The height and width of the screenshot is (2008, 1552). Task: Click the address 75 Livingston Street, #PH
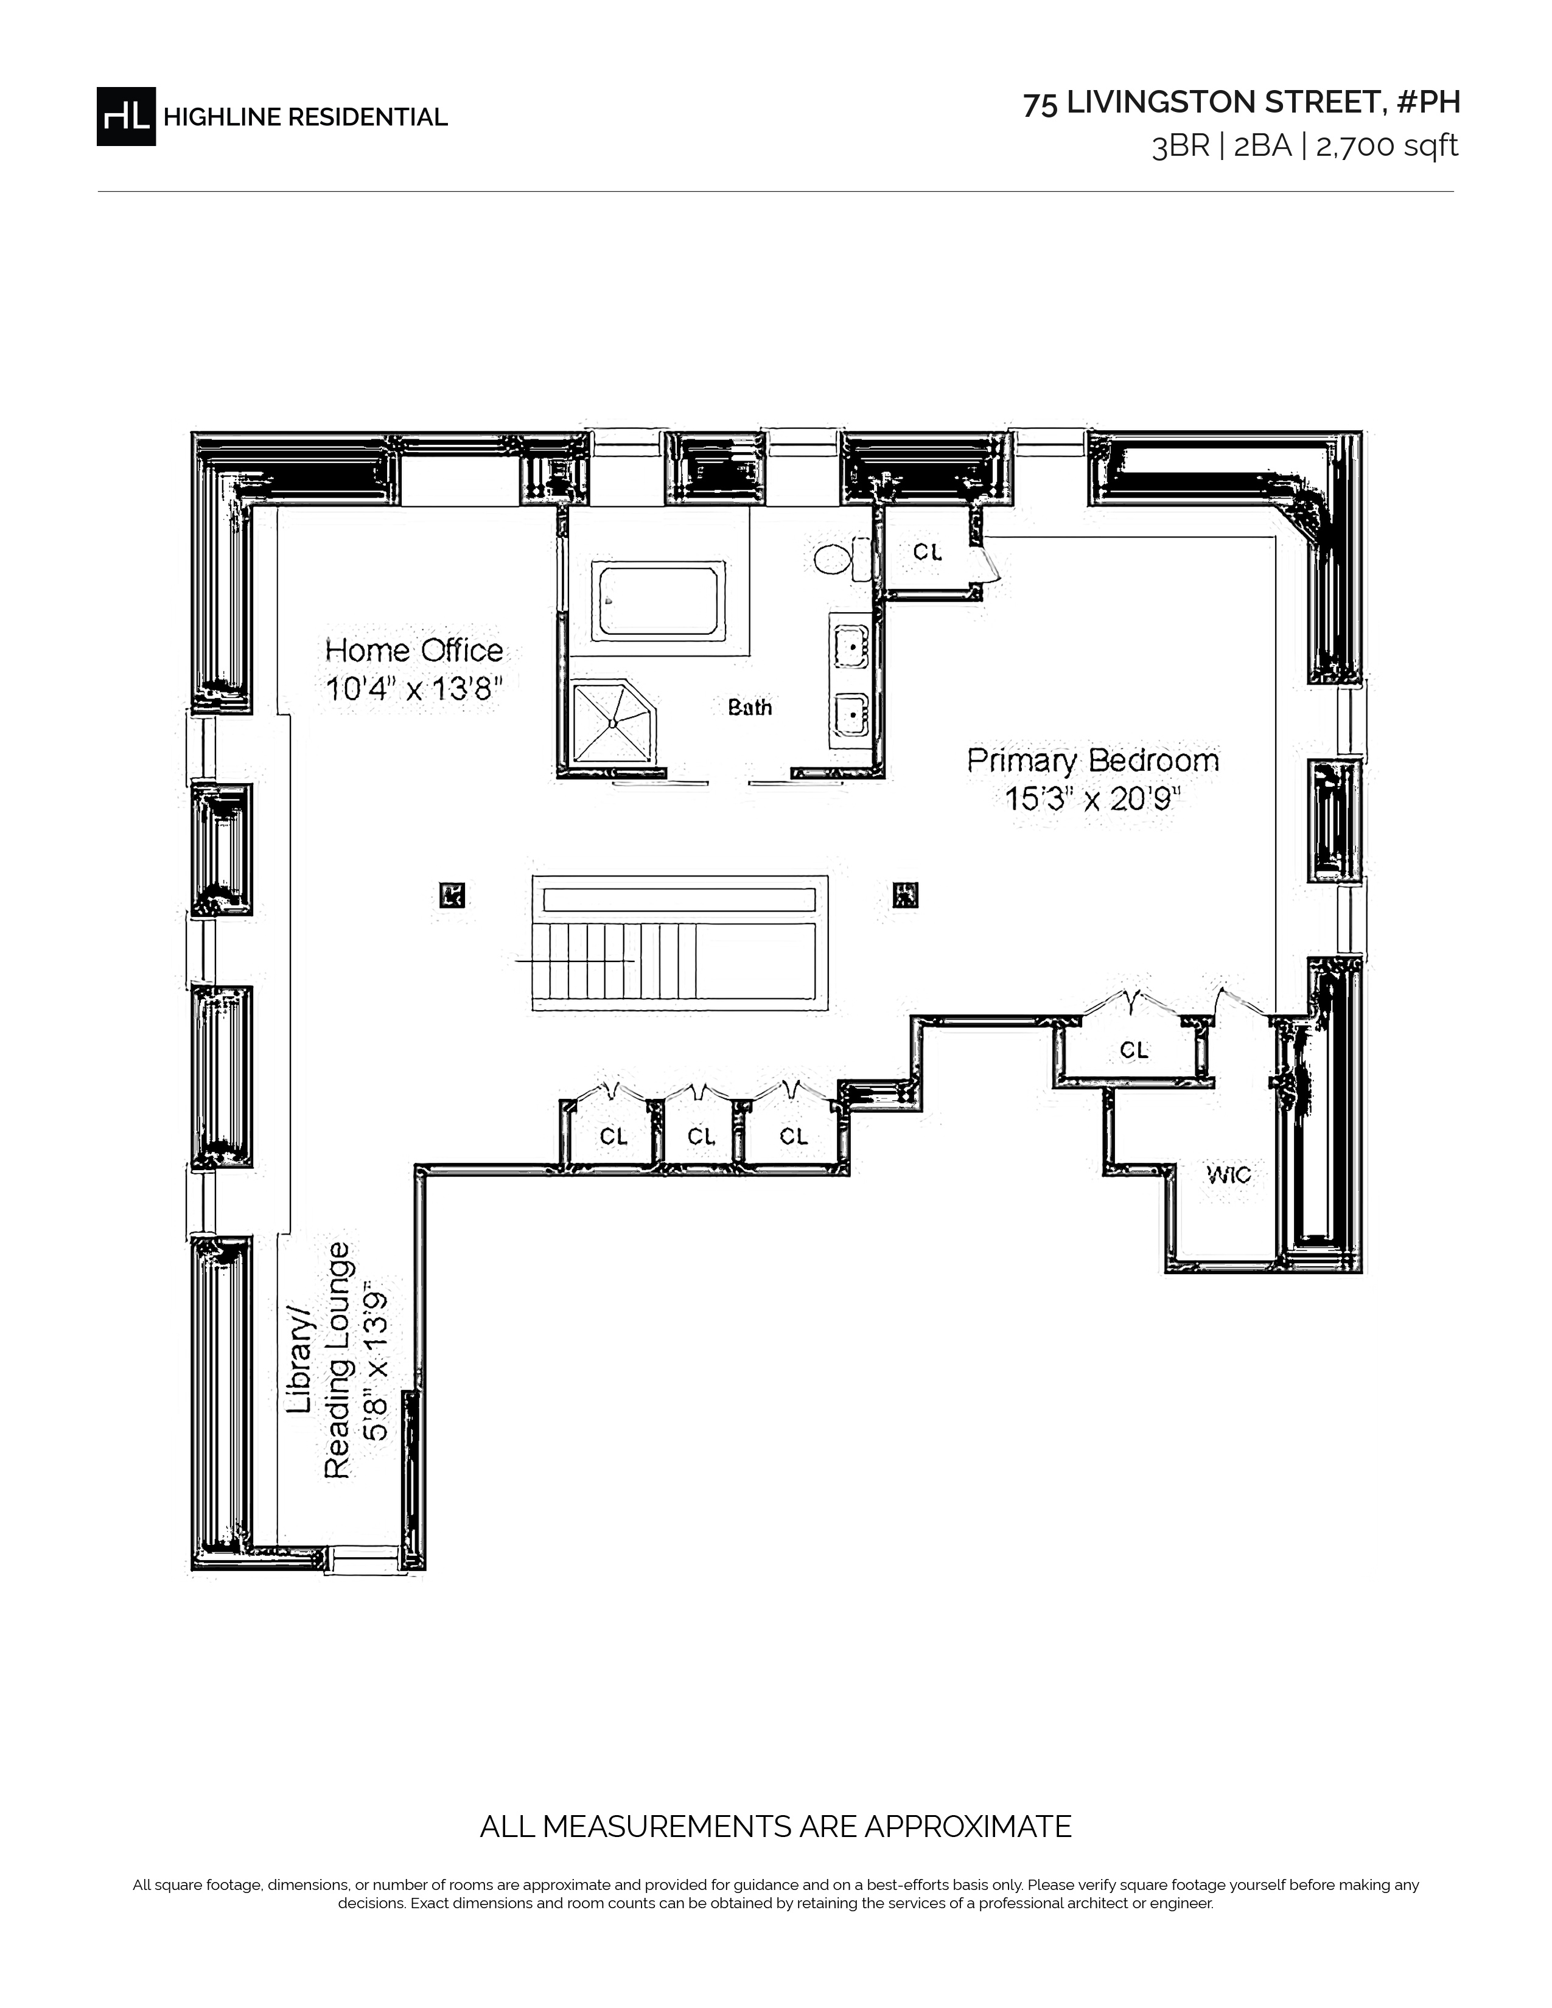point(1241,103)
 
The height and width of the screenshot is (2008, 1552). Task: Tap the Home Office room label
point(414,650)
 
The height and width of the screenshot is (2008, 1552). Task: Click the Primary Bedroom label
point(1093,761)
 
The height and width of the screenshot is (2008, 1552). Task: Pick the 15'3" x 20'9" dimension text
point(1093,799)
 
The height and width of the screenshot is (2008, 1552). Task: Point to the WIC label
point(1229,1174)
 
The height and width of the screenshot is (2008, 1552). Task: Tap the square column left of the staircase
point(452,894)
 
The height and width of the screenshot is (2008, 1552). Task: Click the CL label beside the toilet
point(928,552)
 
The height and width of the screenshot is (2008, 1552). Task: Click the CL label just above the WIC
point(1134,1050)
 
